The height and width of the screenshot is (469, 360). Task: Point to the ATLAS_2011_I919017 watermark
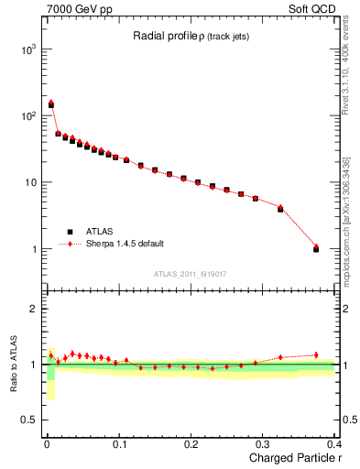[191, 274]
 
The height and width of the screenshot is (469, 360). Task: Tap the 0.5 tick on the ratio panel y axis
[30, 420]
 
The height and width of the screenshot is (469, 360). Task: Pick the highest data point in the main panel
[51, 104]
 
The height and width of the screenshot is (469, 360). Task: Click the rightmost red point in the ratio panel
[316, 354]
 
